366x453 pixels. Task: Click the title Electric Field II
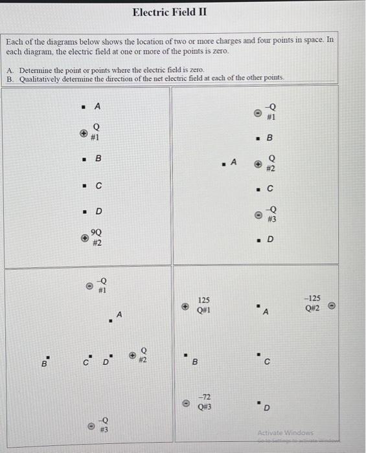tap(170, 12)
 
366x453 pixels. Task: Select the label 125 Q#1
tap(203, 305)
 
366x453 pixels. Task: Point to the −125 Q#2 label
tap(312, 303)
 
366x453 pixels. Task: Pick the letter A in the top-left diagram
tap(97, 105)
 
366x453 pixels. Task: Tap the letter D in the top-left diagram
tap(98, 211)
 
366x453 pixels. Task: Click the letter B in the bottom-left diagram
tap(44, 364)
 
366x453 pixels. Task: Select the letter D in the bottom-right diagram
tap(266, 408)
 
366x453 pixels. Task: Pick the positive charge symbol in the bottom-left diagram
tap(132, 355)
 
